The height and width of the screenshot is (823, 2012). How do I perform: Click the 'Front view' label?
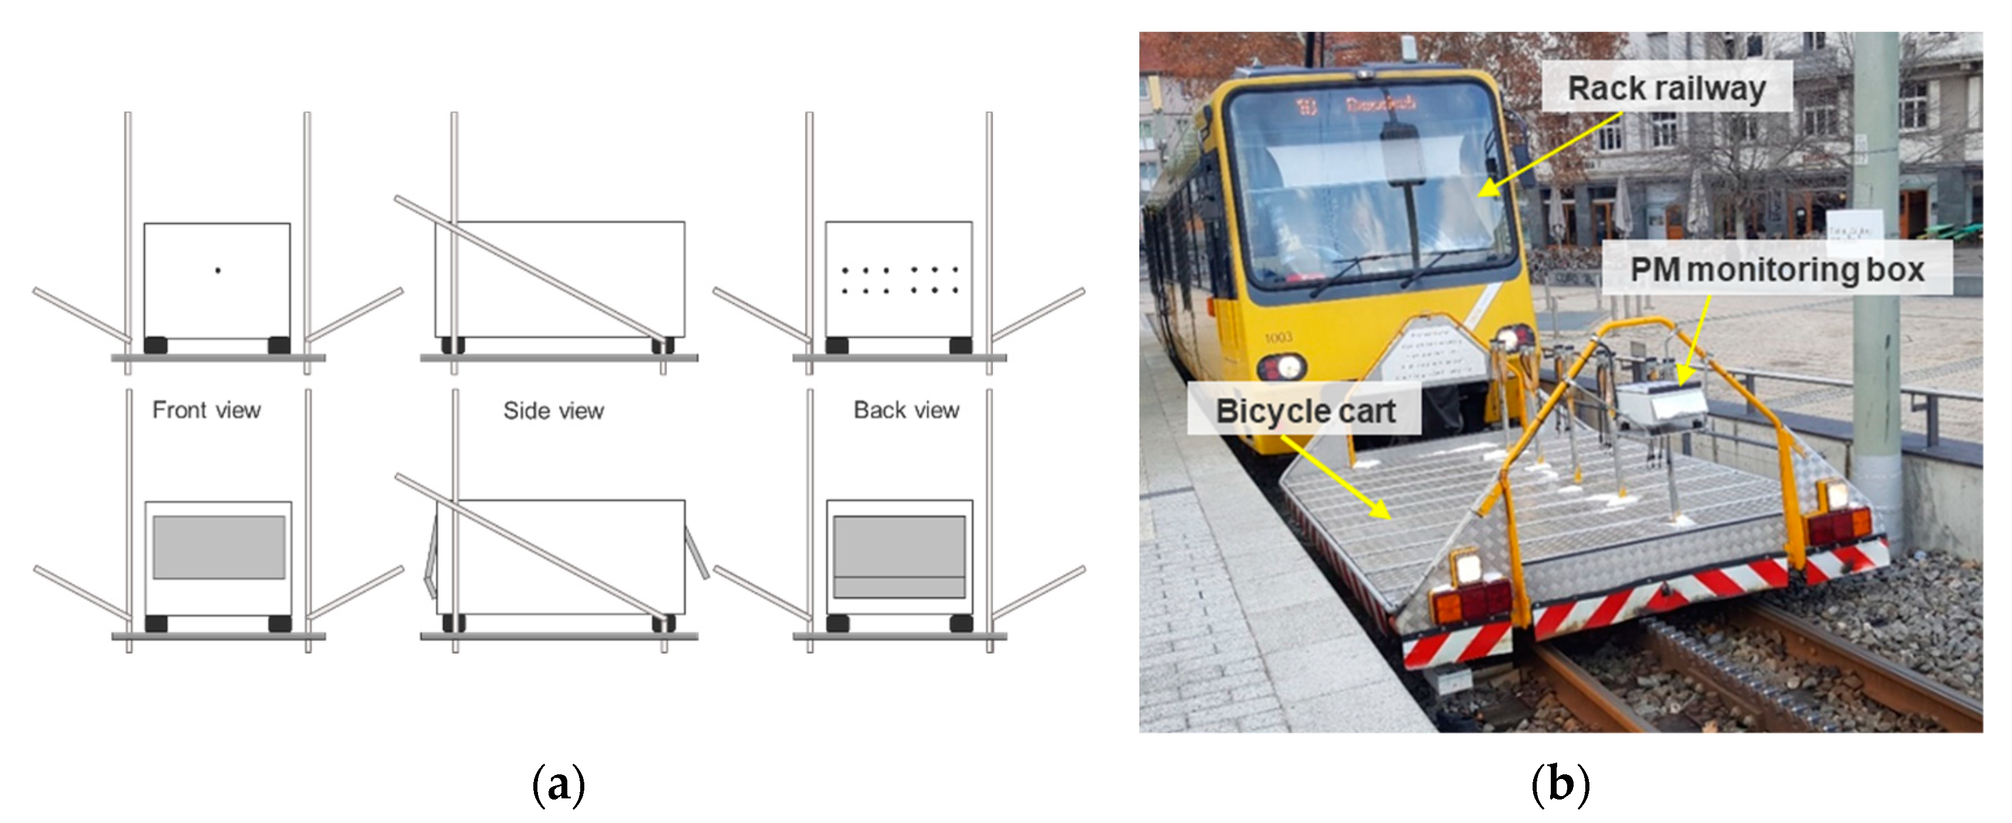[206, 410]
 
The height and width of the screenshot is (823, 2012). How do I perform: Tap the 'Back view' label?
[906, 410]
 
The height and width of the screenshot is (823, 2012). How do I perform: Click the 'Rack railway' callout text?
[1666, 89]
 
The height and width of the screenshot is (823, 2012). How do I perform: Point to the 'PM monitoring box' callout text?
[1777, 270]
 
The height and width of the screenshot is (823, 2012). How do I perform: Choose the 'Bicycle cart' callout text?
[1305, 411]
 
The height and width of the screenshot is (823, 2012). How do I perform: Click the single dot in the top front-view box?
[218, 271]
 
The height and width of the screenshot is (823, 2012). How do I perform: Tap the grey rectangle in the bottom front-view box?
[219, 546]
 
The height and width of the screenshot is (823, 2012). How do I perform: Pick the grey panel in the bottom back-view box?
[899, 556]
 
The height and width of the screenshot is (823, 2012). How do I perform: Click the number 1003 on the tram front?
[1279, 337]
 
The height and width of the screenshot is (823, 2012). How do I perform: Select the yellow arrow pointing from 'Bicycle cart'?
[1336, 478]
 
